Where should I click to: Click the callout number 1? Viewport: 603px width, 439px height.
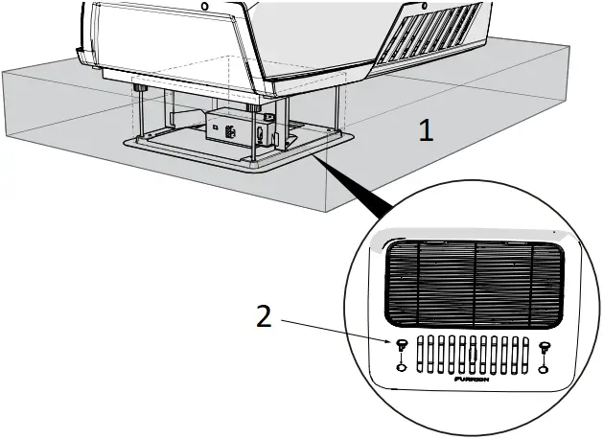(426, 129)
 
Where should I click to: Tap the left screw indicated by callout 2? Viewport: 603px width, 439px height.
(401, 345)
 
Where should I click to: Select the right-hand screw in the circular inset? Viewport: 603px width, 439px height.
(545, 347)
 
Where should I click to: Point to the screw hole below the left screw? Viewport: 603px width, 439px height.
(401, 367)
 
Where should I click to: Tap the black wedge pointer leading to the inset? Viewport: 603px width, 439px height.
(369, 197)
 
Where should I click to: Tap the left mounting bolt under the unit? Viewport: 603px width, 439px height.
(140, 89)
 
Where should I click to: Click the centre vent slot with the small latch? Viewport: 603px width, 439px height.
(474, 354)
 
